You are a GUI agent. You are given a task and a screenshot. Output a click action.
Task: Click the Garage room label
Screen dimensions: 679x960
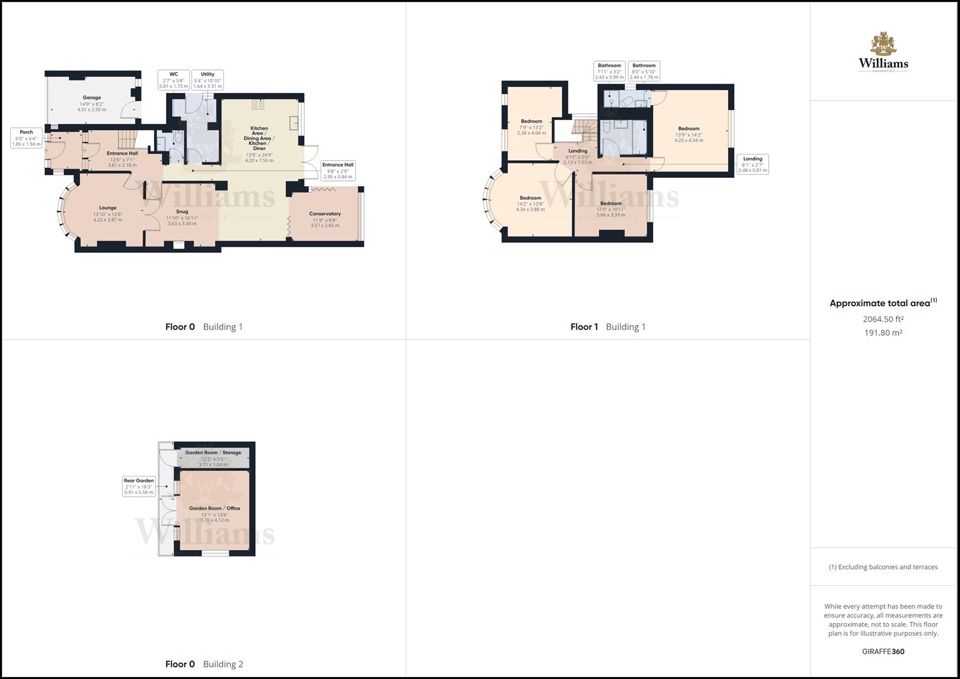click(x=92, y=104)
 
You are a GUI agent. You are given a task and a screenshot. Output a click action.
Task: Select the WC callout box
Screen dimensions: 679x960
click(x=174, y=80)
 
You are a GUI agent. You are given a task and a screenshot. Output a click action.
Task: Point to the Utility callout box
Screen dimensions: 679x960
click(x=207, y=80)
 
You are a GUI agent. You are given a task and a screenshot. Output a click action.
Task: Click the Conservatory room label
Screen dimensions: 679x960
click(x=325, y=219)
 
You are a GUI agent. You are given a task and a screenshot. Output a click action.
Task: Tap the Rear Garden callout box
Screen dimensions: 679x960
click(x=139, y=486)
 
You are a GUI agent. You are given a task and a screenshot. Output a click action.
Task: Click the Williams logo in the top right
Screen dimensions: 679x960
click(x=883, y=52)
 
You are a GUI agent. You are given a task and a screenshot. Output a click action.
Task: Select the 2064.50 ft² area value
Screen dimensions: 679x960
click(x=883, y=319)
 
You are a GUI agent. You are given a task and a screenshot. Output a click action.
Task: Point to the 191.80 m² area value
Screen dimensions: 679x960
click(x=883, y=333)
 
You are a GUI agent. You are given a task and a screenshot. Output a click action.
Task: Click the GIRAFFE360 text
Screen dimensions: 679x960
click(x=883, y=651)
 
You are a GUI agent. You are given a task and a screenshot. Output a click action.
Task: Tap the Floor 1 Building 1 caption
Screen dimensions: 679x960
click(x=608, y=327)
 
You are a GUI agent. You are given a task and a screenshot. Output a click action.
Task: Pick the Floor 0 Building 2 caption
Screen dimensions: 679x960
click(x=204, y=664)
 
